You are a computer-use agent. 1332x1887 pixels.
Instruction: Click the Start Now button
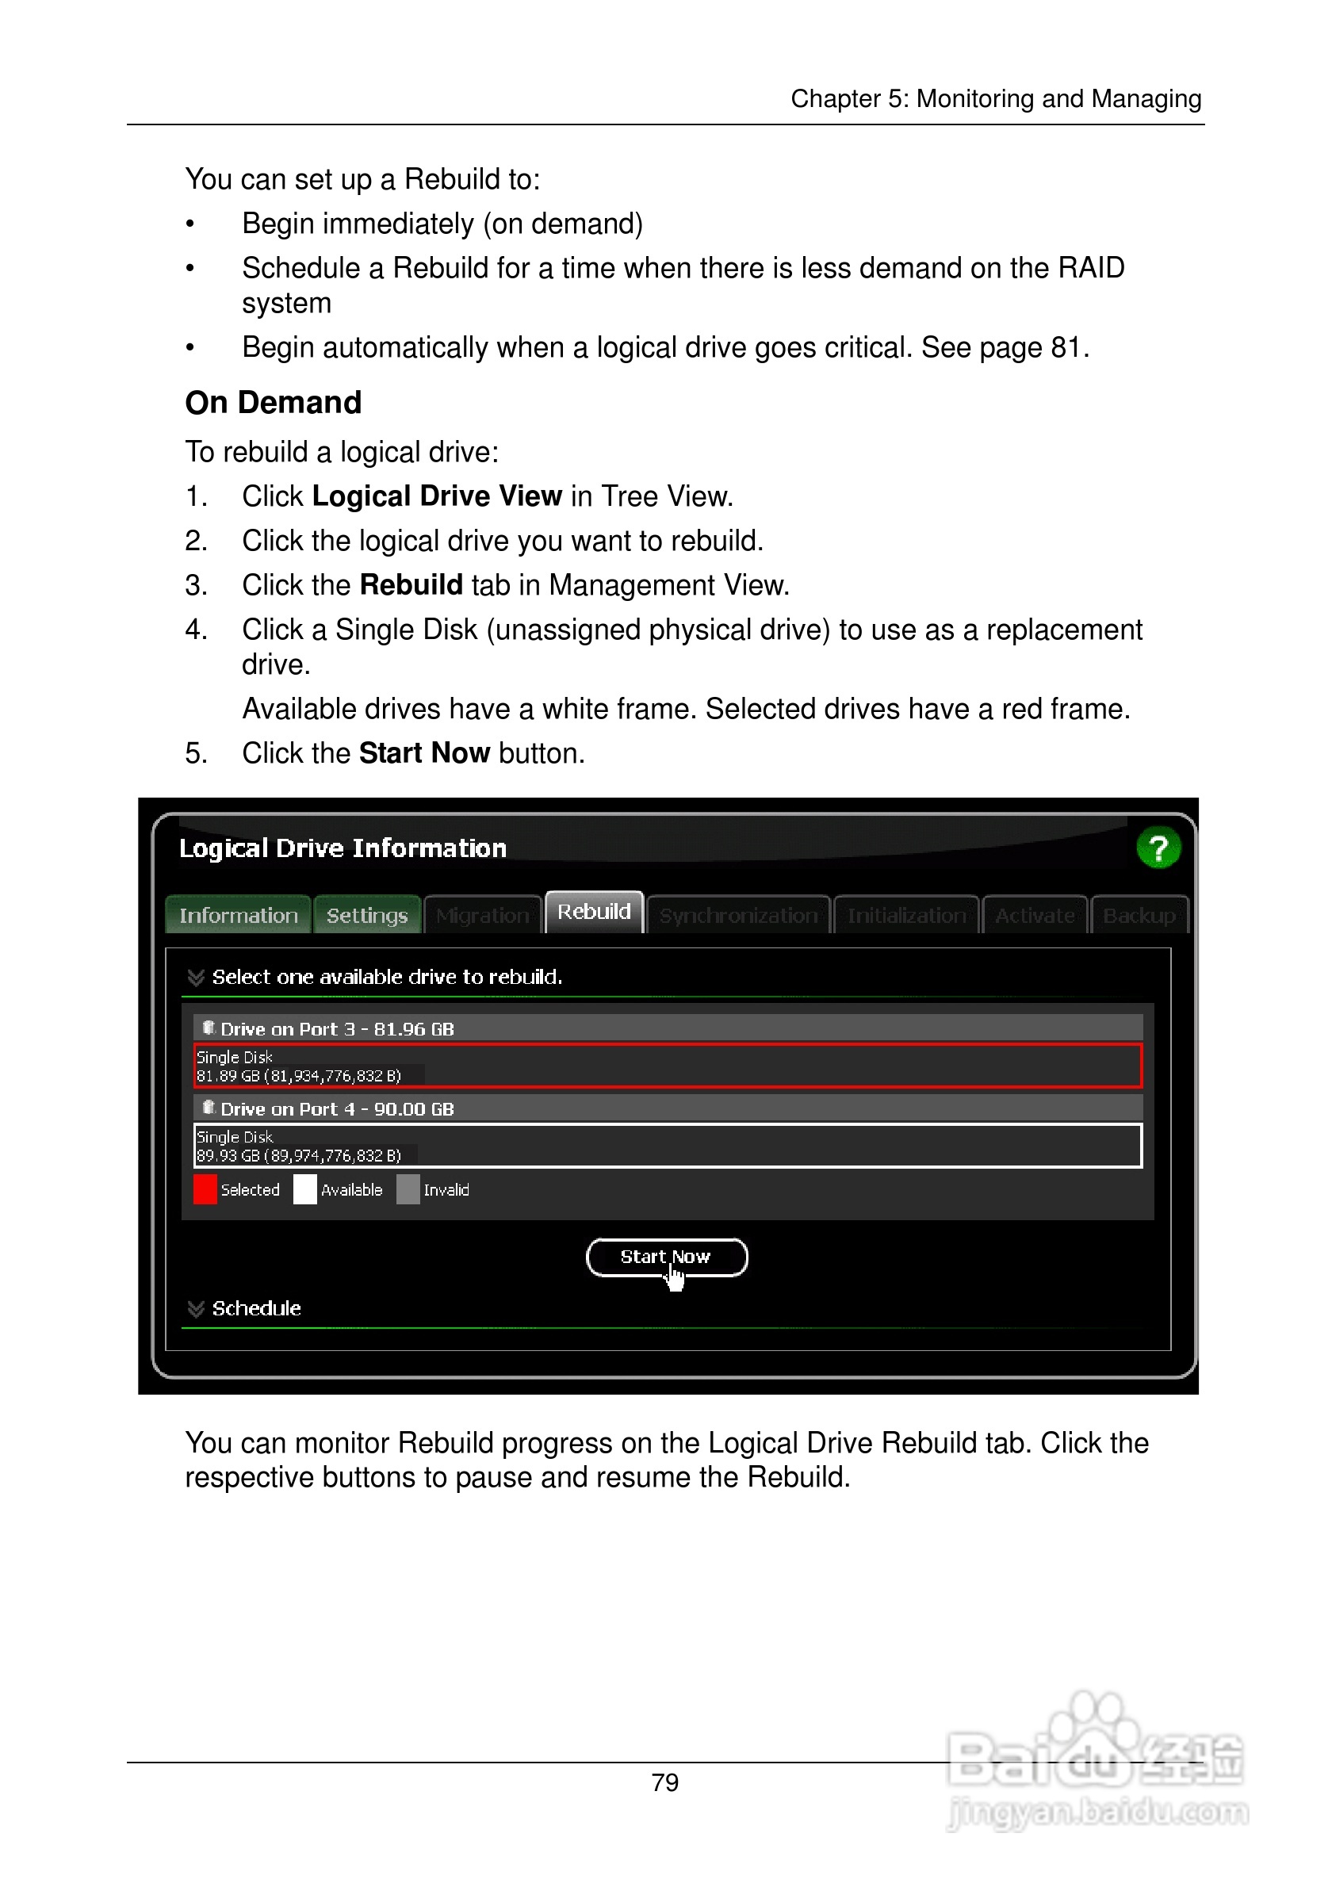665,1257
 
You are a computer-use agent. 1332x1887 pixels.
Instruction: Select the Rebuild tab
593,912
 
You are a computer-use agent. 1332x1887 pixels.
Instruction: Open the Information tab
239,916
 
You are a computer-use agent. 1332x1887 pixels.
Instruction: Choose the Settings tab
366,916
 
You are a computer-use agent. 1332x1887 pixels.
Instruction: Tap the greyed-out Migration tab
482,916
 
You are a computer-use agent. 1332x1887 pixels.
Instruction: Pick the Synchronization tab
738,916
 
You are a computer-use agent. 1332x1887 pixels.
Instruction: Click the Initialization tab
906,916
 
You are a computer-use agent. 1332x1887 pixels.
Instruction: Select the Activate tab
1035,916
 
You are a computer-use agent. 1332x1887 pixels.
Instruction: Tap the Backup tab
1138,916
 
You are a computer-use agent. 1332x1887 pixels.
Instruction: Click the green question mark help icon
1158,848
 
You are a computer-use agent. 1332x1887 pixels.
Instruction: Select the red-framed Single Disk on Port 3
668,1066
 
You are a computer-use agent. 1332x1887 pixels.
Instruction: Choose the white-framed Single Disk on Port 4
668,1146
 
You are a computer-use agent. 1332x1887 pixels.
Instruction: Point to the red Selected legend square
205,1189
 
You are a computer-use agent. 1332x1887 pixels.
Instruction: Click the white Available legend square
305,1189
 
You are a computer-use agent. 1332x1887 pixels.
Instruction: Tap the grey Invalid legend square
408,1189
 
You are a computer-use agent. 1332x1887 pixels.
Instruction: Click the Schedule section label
255,1308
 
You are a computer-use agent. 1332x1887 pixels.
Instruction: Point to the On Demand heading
273,403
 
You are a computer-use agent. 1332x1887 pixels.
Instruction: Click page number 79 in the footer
664,1782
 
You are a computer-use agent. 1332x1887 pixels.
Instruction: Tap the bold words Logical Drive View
436,496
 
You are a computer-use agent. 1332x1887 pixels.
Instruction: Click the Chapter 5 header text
995,98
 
